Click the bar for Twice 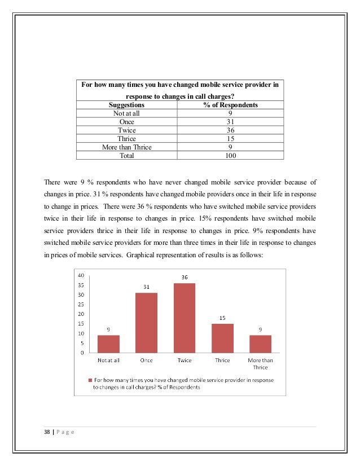(185, 318)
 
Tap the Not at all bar (108, 344)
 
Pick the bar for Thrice (222, 338)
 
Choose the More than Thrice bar (260, 344)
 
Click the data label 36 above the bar (185, 277)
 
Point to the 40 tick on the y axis (81, 275)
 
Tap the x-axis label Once (147, 361)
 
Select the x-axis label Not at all (108, 361)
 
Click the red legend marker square (89, 380)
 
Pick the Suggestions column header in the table (126, 105)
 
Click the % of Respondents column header (230, 105)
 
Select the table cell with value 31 (230, 121)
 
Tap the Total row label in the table (126, 155)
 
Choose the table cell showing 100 (230, 155)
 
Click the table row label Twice (126, 130)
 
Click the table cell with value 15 (230, 138)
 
